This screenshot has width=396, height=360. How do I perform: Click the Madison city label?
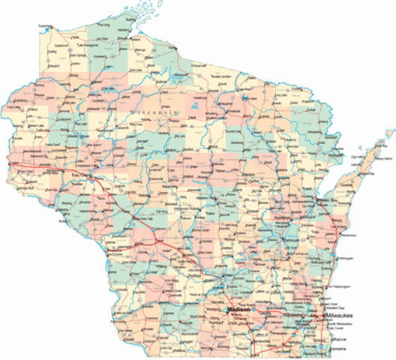[x=238, y=308]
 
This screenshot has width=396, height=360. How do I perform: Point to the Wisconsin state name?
[x=156, y=112]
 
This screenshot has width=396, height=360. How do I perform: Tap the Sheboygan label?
[x=342, y=256]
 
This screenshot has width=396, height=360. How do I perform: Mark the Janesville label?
[x=264, y=336]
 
